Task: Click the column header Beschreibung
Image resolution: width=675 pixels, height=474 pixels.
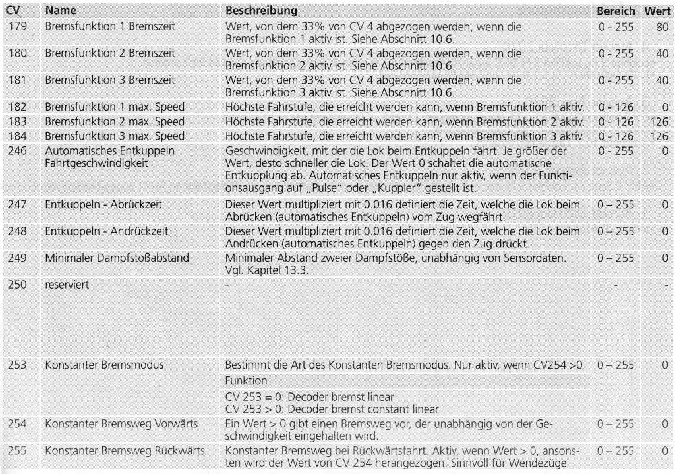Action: click(x=261, y=12)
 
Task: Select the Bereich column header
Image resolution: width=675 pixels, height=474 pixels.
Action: click(x=616, y=12)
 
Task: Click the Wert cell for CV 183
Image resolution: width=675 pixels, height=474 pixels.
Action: click(x=660, y=122)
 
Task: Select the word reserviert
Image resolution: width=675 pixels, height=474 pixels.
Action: click(x=67, y=285)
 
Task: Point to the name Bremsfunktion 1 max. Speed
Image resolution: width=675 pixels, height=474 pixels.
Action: click(x=115, y=107)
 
